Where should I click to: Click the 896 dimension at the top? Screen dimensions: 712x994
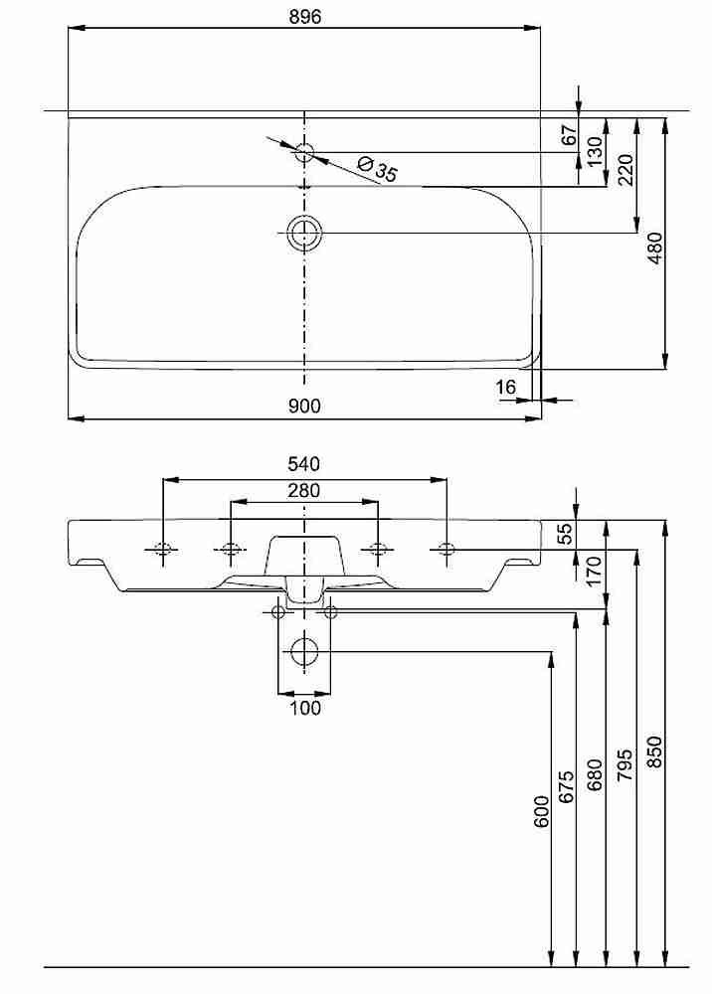(x=305, y=17)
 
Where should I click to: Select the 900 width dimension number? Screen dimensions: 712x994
(x=304, y=406)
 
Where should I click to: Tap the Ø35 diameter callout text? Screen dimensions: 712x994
(x=378, y=169)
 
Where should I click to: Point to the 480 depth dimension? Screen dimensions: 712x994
(x=655, y=248)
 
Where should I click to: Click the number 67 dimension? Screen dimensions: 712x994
(x=570, y=135)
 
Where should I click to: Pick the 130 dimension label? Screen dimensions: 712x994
(x=594, y=151)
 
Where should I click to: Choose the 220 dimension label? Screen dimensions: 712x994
(x=625, y=170)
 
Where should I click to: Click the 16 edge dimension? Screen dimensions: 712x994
(x=506, y=387)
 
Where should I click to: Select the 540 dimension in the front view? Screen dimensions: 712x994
(x=303, y=464)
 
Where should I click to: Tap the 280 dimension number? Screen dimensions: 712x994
(x=303, y=491)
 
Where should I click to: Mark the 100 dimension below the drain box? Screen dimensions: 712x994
(x=305, y=708)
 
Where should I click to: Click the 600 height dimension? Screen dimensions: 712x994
(x=541, y=811)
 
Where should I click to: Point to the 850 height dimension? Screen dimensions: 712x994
(x=655, y=751)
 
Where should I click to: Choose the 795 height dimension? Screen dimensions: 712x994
(x=625, y=764)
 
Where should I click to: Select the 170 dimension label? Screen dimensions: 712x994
(x=594, y=572)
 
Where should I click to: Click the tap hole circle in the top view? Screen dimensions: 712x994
(x=305, y=152)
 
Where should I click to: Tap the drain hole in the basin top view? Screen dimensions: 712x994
(x=305, y=233)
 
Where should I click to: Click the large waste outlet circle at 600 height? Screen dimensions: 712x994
(x=304, y=651)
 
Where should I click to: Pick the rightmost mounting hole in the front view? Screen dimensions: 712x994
(x=446, y=549)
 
